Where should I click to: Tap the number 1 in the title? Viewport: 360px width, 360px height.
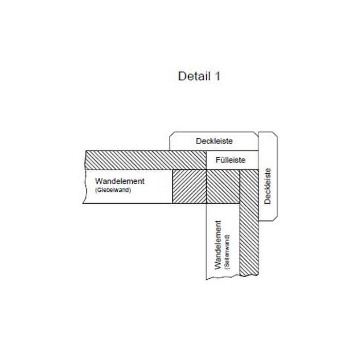click(x=217, y=76)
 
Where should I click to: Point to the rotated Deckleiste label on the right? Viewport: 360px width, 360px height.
click(x=267, y=186)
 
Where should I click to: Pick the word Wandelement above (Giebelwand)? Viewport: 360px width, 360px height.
click(x=120, y=181)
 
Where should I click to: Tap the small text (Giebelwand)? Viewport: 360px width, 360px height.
click(x=114, y=190)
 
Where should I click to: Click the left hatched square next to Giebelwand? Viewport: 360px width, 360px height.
click(x=189, y=186)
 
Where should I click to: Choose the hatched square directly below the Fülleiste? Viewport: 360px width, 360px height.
click(x=223, y=186)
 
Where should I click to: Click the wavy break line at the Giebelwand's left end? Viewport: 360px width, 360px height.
click(x=84, y=177)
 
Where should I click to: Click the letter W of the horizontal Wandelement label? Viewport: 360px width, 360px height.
click(x=98, y=181)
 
